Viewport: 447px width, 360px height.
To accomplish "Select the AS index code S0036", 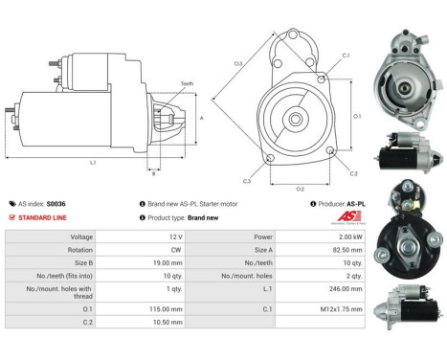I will [58, 203].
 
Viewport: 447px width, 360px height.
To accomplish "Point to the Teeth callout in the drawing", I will [186, 84].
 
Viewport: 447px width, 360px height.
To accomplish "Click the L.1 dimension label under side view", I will [93, 163].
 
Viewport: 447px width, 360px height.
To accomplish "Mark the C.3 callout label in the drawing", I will [247, 179].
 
